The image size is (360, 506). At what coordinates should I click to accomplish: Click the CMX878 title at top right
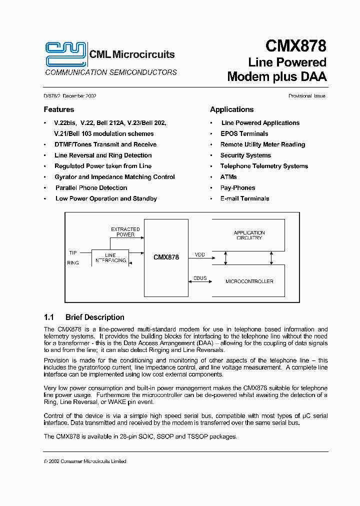click(295, 46)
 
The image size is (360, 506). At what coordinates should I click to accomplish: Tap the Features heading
click(58, 109)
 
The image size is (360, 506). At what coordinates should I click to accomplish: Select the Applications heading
click(231, 109)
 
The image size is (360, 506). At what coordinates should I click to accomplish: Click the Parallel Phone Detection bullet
click(91, 188)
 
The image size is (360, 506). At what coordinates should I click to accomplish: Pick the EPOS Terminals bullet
click(244, 134)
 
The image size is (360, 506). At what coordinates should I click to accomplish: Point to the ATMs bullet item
click(228, 177)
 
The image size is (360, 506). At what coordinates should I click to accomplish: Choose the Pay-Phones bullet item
click(237, 188)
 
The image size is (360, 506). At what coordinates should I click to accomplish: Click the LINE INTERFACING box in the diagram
click(110, 257)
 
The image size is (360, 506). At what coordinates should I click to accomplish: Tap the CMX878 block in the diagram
click(166, 257)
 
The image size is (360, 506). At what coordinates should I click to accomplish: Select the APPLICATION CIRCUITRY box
click(249, 235)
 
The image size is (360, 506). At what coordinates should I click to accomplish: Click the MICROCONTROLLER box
click(249, 281)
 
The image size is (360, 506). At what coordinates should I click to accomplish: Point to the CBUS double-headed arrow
click(199, 282)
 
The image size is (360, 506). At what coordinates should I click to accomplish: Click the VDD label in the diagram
click(199, 255)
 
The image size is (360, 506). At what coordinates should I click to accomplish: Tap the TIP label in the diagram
click(73, 252)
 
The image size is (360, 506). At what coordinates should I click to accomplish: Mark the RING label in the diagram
click(73, 263)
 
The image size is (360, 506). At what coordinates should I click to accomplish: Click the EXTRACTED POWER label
click(125, 232)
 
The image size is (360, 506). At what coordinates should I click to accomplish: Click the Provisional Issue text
click(306, 96)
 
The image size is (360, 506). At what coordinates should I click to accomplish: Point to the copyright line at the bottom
click(85, 461)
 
